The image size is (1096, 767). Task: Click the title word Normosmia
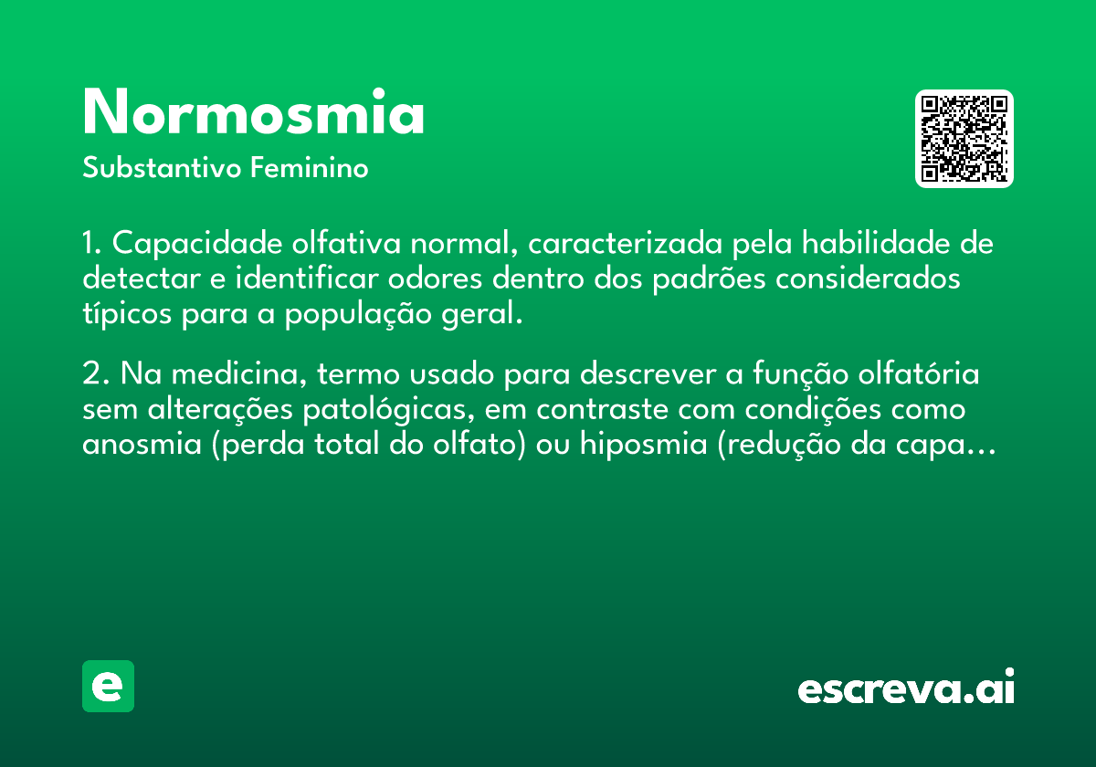coord(253,111)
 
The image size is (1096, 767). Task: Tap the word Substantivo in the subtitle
coord(162,167)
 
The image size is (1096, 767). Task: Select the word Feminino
coord(310,167)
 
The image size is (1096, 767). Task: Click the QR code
coord(964,139)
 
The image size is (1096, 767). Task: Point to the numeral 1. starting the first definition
coord(91,243)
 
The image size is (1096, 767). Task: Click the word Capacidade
coord(197,243)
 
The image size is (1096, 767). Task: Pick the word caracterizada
coord(625,243)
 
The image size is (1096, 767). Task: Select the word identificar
coord(307,278)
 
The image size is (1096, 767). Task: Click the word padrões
coord(709,279)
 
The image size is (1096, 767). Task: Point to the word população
coord(358,314)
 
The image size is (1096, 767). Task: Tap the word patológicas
coord(388,410)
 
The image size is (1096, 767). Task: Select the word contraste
coord(602,409)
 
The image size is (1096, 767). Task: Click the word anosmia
coord(142,444)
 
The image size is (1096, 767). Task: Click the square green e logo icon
coord(108,686)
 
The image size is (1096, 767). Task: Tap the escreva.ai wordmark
coord(906,686)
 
